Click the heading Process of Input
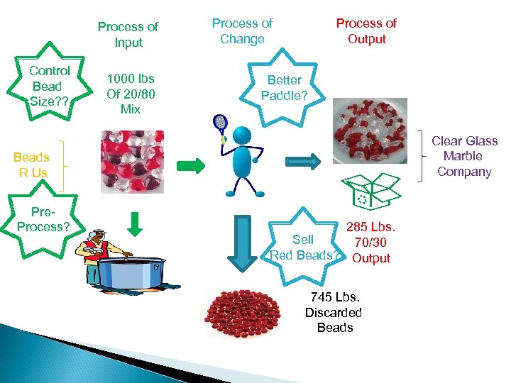(x=128, y=34)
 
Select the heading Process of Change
(x=242, y=31)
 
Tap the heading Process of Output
(x=366, y=30)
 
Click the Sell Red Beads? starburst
(x=304, y=245)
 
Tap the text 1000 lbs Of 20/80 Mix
(x=131, y=94)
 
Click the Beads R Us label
(x=31, y=165)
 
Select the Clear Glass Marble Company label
(x=465, y=156)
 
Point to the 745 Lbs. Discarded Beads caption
(x=334, y=312)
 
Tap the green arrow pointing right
(x=191, y=166)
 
